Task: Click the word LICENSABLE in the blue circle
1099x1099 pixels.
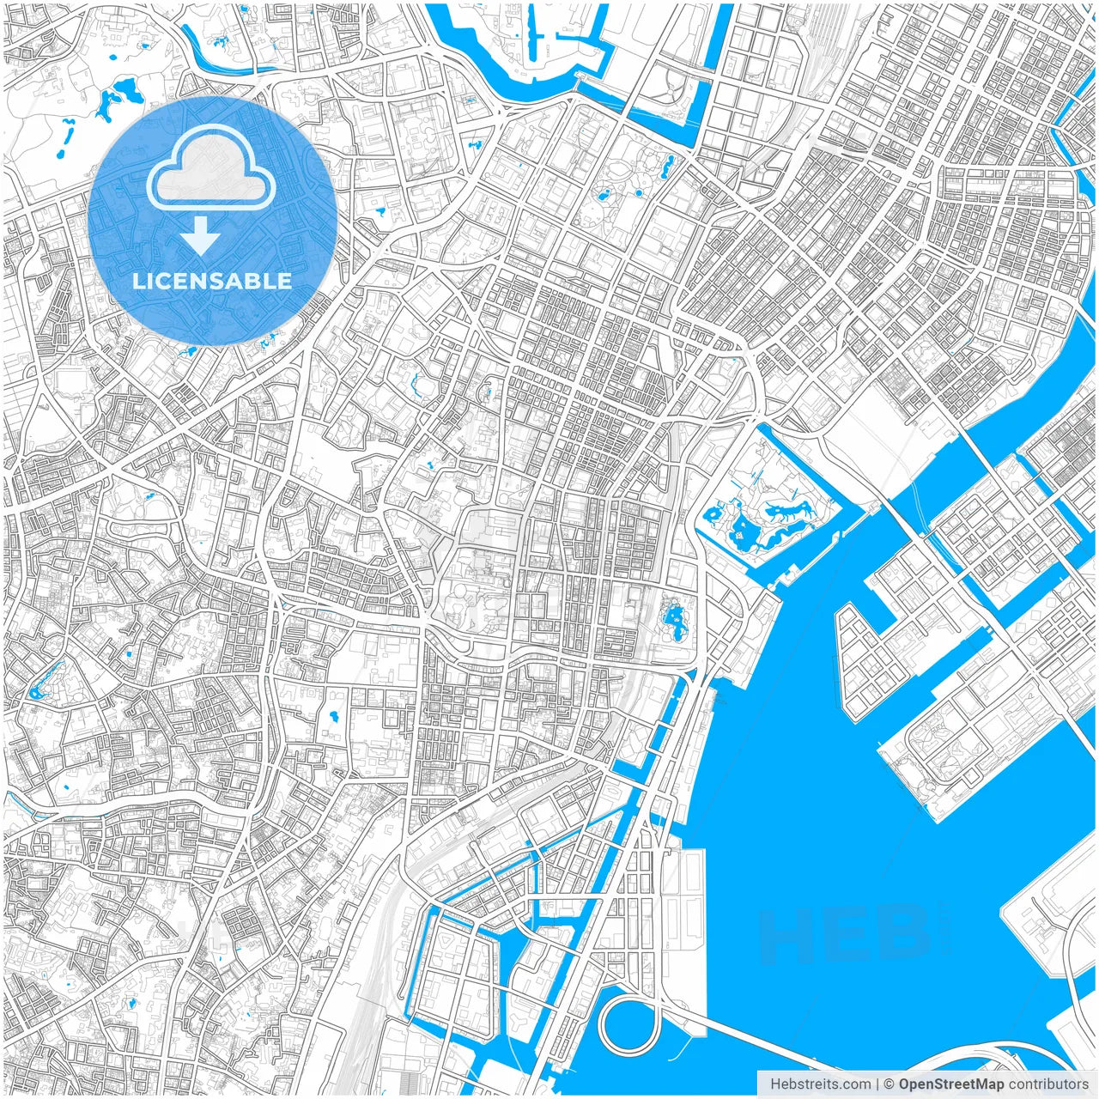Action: pyautogui.click(x=211, y=281)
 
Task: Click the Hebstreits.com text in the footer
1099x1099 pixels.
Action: pyautogui.click(x=820, y=1084)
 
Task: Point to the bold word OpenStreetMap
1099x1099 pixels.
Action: pyautogui.click(x=951, y=1084)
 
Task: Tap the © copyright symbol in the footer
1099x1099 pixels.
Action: pyautogui.click(x=890, y=1084)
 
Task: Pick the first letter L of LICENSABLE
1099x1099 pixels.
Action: pyautogui.click(x=137, y=281)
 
